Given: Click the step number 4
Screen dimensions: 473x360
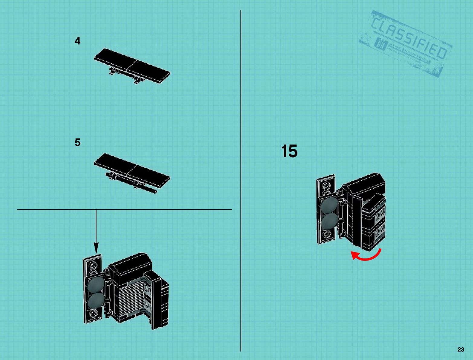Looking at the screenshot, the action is tap(78, 41).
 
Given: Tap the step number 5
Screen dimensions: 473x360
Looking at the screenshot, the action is tap(78, 142).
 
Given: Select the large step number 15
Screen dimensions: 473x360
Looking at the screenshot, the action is tap(289, 151).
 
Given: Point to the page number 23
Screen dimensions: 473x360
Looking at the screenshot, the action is tap(461, 349).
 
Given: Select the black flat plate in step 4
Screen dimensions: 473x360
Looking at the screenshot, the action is tap(132, 65).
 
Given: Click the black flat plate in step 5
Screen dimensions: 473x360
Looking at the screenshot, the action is tap(132, 170).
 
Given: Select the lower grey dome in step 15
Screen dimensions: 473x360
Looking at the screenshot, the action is tap(329, 222).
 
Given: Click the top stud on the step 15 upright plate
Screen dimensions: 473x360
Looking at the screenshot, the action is tap(326, 186).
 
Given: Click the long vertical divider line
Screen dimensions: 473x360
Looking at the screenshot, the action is tap(241, 181).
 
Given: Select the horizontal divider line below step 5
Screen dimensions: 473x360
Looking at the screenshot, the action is tap(124, 209).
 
